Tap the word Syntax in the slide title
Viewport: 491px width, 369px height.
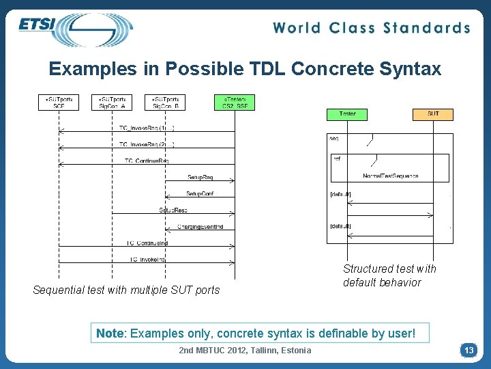[x=408, y=69]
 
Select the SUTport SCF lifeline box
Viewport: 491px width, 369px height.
[x=59, y=102]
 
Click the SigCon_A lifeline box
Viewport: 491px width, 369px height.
[x=112, y=102]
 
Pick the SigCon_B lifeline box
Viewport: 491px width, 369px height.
[x=166, y=102]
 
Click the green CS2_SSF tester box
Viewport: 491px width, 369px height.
[x=235, y=102]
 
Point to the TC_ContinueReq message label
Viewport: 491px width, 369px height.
[x=147, y=161]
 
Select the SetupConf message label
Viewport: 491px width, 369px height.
[x=200, y=193]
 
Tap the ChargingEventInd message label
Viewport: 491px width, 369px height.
[x=200, y=226]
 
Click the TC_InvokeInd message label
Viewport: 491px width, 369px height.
[x=147, y=259]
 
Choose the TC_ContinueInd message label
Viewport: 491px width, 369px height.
[x=147, y=243]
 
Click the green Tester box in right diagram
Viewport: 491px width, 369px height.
[x=347, y=113]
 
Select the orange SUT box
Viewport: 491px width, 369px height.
[x=433, y=113]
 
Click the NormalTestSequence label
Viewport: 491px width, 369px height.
[x=391, y=176]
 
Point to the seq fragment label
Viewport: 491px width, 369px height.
[x=334, y=139]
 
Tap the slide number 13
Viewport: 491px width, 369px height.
[x=468, y=350]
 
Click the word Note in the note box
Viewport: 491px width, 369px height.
[x=110, y=333]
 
